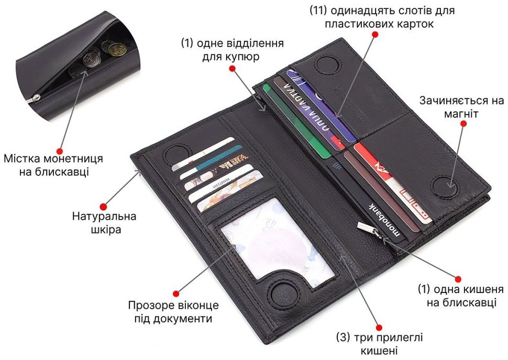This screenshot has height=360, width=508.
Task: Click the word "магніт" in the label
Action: point(461,114)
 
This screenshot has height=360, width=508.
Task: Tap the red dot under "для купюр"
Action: point(232,68)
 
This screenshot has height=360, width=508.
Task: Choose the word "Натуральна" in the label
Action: point(104,216)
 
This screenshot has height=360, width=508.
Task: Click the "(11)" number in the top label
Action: point(318,10)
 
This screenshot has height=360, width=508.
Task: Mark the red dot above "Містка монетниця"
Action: point(60,151)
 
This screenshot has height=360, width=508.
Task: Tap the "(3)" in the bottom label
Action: point(343,337)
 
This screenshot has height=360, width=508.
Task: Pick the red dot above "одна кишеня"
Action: point(458,279)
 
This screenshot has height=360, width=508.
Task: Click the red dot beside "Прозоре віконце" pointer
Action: point(176,294)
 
